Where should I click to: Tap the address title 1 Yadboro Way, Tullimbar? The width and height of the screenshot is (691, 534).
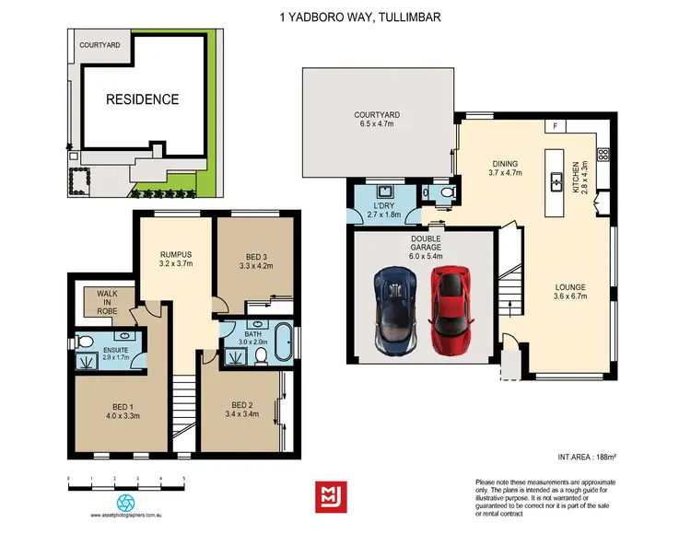point(345,16)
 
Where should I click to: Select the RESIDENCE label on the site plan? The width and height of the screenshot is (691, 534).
point(141,99)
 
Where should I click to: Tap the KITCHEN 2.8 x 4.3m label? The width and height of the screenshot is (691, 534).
point(580,175)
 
